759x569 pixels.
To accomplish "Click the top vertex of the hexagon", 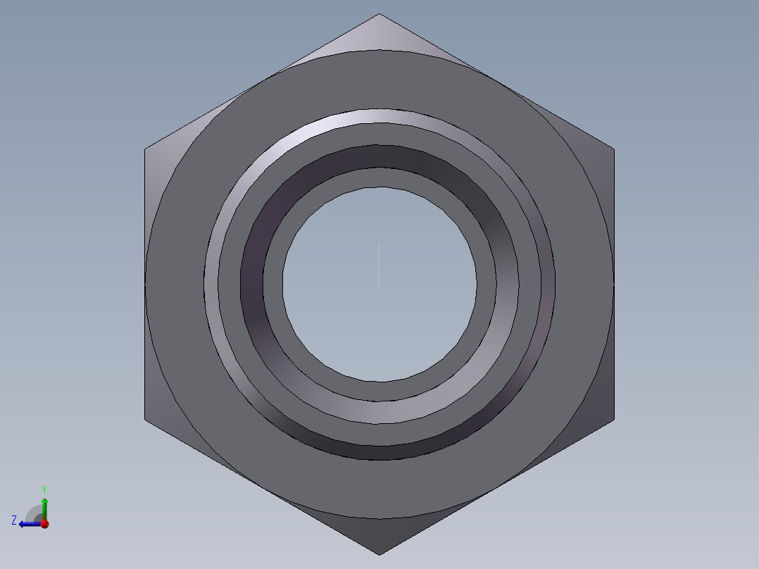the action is click(x=379, y=13).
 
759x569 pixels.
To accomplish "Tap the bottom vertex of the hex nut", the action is click(x=379, y=555).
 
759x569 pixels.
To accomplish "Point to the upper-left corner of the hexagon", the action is click(x=145, y=149).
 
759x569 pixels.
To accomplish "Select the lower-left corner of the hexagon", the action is click(x=145, y=420).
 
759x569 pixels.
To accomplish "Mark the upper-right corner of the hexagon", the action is click(x=614, y=149).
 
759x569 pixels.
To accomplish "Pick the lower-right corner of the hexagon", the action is click(x=614, y=420).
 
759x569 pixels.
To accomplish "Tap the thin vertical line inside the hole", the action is click(x=379, y=265).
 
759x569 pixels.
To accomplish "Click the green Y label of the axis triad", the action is click(x=44, y=489).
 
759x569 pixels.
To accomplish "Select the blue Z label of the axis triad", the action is click(x=14, y=520).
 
